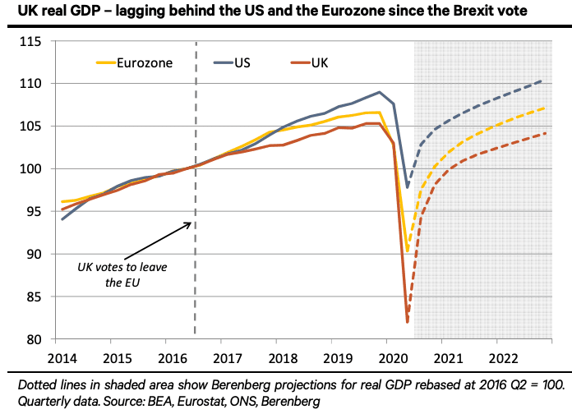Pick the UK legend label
coord(320,62)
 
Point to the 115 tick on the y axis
coord(38,41)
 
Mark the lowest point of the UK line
coord(408,321)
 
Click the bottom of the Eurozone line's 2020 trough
coord(408,252)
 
